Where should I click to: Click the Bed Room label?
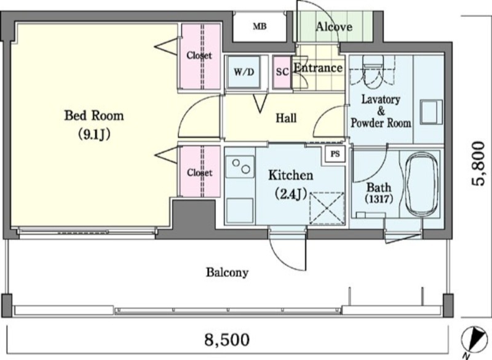pyautogui.click(x=94, y=116)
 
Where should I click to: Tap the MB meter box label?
pyautogui.click(x=260, y=26)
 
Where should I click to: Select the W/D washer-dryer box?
pyautogui.click(x=244, y=72)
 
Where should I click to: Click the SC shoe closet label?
pyautogui.click(x=282, y=72)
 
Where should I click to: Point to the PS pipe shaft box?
pyautogui.click(x=335, y=154)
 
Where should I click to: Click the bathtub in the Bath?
pyautogui.click(x=422, y=185)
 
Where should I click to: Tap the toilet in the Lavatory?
pyautogui.click(x=373, y=70)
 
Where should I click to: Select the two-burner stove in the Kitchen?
pyautogui.click(x=240, y=167)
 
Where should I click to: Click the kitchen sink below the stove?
pyautogui.click(x=240, y=211)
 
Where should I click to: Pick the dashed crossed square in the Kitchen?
pyautogui.click(x=327, y=209)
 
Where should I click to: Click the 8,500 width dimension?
pyautogui.click(x=227, y=339)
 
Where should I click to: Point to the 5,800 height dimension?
pyautogui.click(x=478, y=164)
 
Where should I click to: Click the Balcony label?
pyautogui.click(x=227, y=272)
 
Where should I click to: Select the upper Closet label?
pyautogui.click(x=199, y=55)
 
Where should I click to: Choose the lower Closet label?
pyautogui.click(x=199, y=173)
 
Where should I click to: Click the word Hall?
pyautogui.click(x=286, y=118)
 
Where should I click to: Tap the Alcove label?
pyautogui.click(x=334, y=27)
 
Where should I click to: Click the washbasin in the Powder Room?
pyautogui.click(x=432, y=112)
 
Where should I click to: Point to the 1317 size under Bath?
pyautogui.click(x=379, y=199)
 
